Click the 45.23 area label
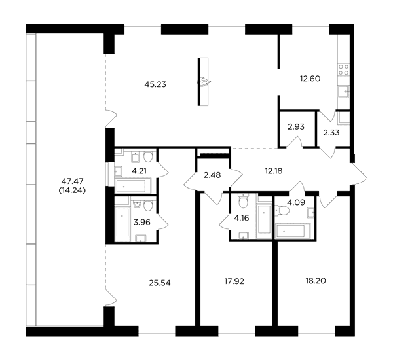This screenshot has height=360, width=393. pos(155,84)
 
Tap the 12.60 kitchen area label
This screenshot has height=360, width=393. pos(310,79)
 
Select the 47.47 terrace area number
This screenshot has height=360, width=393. pos(72,181)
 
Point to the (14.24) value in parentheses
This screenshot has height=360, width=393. pos(72,190)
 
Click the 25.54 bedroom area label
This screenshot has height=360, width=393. pos(160,283)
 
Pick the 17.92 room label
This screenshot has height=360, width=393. pos(234,281)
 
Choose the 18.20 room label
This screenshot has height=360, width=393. pos(316,281)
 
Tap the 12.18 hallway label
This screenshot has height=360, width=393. pos(274,171)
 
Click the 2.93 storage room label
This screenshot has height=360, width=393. pos(296,127)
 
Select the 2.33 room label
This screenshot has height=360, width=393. pos(331,132)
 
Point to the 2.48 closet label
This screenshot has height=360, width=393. pos(212,175)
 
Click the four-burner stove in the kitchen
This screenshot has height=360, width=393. pos(343,69)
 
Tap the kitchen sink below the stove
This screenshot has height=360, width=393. pos(343,92)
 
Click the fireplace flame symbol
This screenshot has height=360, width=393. pos(204,82)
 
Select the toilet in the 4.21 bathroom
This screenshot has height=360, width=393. pos(148,156)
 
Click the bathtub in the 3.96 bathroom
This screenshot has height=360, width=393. pos(122,223)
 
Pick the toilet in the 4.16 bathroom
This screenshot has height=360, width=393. pos(243,201)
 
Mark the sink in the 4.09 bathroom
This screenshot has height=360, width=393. pos(311,213)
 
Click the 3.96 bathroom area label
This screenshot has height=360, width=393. pos(142,222)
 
